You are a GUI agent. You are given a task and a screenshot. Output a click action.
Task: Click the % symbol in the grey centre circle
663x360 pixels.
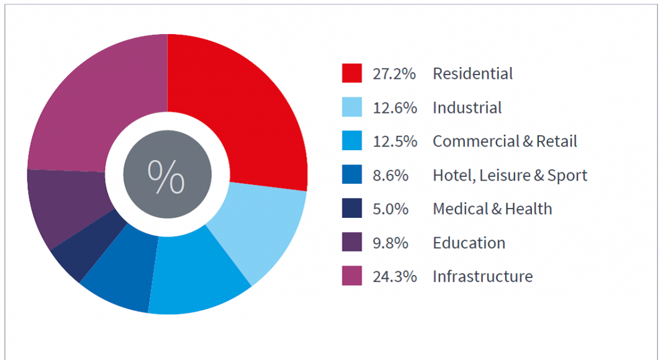point(166,176)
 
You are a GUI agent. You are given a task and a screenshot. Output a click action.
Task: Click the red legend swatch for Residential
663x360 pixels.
point(351,73)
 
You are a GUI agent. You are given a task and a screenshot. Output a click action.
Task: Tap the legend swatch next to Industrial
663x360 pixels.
point(351,107)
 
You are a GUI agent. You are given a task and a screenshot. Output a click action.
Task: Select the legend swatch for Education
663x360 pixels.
point(351,243)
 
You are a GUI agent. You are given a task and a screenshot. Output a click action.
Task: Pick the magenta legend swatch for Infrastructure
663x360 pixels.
point(351,276)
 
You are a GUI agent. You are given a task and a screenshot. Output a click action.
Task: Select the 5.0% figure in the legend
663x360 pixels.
point(390,209)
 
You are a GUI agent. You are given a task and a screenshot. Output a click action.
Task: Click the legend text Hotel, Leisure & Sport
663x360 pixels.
point(510,176)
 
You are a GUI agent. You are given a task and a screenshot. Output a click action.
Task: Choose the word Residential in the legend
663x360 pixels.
point(472,73)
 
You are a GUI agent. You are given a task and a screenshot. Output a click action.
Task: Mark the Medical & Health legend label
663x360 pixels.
point(492,209)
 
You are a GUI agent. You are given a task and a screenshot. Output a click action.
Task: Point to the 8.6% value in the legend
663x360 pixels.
point(390,176)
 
